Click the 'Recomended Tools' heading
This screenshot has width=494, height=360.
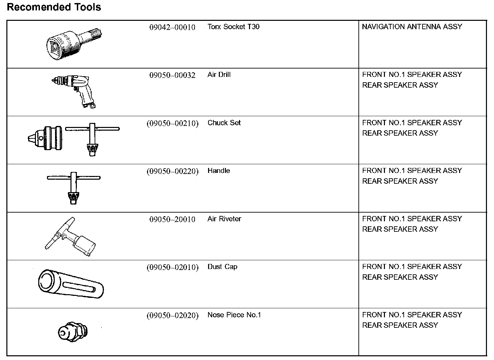(54, 7)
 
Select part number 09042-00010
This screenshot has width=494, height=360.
(172, 27)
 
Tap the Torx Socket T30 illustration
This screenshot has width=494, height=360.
(75, 43)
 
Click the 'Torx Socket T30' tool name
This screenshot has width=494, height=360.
(233, 27)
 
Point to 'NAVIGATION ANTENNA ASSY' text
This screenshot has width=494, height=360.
(412, 27)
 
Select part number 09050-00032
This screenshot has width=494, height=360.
(172, 75)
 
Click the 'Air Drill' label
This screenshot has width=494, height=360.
(219, 75)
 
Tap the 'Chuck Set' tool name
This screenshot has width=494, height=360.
(224, 123)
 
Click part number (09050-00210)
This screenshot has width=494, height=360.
(172, 123)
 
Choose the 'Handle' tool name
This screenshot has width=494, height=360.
(218, 171)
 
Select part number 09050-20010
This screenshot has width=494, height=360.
(172, 219)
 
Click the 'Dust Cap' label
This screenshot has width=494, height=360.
(222, 267)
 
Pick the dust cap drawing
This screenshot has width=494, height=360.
(71, 284)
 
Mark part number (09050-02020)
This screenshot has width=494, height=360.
(172, 315)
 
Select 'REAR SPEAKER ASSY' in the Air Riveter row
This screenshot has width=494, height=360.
(400, 229)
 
